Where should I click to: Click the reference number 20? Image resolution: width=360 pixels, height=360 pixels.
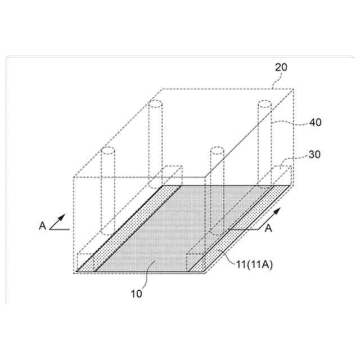[281, 67]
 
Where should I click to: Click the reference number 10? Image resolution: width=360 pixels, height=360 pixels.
[137, 293]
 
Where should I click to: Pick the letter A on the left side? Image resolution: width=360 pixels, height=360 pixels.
[43, 226]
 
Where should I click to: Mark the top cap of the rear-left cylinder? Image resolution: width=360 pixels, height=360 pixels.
[154, 105]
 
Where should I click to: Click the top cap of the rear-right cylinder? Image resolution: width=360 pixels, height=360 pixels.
[265, 104]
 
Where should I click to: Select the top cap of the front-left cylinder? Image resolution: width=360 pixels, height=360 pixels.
[107, 151]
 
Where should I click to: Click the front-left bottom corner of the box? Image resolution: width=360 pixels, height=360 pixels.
[75, 272]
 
